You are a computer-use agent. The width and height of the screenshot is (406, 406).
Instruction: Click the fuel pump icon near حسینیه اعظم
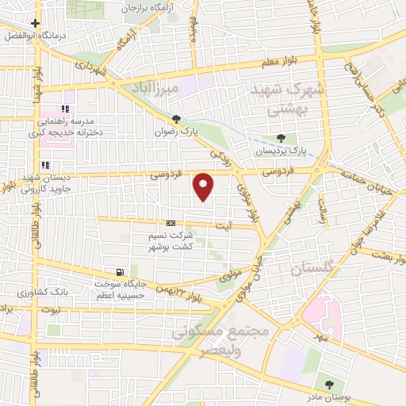pos(120,272)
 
